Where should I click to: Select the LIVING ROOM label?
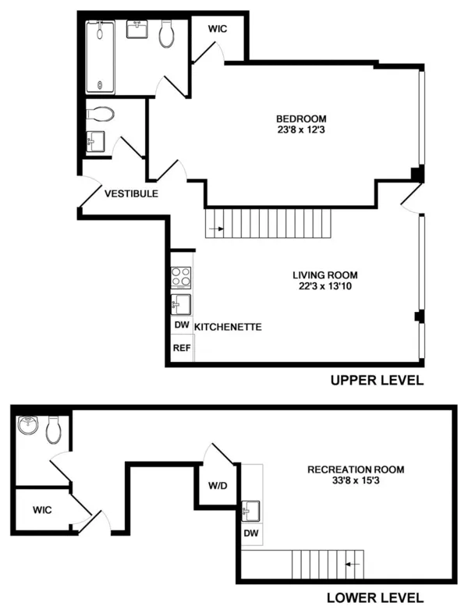(x=324, y=275)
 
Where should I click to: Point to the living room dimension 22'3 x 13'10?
(x=324, y=287)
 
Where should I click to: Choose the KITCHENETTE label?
(x=228, y=326)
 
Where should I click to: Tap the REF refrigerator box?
(x=181, y=348)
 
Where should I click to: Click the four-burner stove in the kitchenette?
(x=182, y=277)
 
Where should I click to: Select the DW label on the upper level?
(x=181, y=326)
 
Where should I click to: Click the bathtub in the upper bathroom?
(x=100, y=58)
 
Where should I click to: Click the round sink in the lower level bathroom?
(x=29, y=427)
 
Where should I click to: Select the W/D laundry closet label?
(x=217, y=485)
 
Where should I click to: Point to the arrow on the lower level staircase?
(x=353, y=562)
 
